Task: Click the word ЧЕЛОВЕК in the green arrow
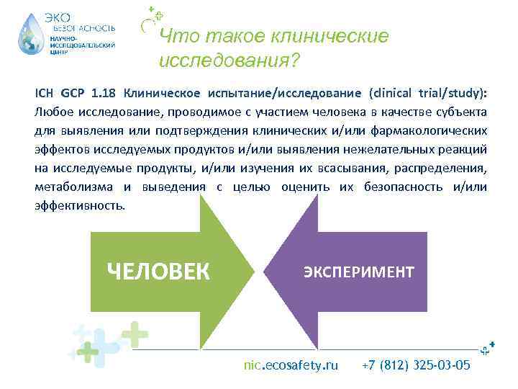point(158,272)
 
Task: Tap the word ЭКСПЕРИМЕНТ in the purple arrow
point(358,272)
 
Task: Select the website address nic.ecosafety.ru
point(291,365)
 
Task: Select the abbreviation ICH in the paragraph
point(44,93)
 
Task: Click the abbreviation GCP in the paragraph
point(72,93)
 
